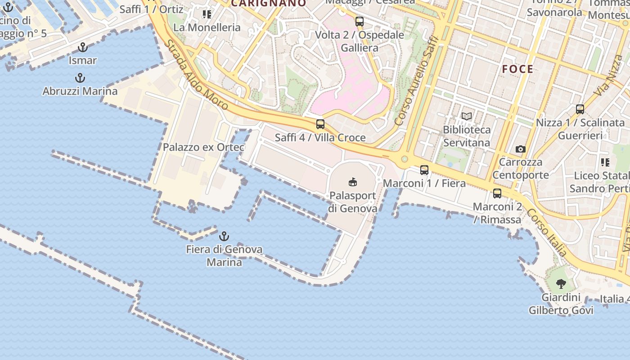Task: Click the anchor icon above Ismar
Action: [x=83, y=47]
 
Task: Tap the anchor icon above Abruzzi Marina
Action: [x=80, y=78]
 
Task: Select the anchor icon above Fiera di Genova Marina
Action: [x=224, y=236]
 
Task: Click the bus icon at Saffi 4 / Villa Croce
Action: [x=320, y=124]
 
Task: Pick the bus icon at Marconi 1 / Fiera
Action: [x=424, y=170]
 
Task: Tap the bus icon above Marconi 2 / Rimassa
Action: [x=497, y=193]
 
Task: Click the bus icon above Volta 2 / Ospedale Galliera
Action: [x=359, y=21]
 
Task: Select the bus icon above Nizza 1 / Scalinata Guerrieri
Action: [x=580, y=109]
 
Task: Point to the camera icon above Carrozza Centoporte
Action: [x=521, y=149]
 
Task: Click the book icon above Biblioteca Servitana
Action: [x=467, y=117]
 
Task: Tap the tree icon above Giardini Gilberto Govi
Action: [x=561, y=284]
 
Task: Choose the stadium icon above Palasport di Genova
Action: [x=352, y=182]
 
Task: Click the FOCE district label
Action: [x=517, y=69]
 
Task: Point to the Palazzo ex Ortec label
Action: [x=203, y=147]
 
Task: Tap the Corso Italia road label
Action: [x=547, y=232]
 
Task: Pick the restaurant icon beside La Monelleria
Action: [x=207, y=14]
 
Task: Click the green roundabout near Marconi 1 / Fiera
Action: [x=405, y=159]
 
